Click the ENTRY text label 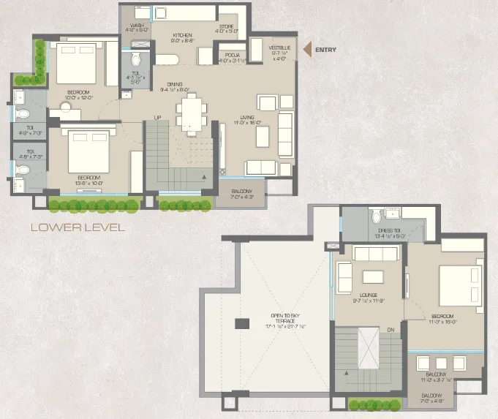328,50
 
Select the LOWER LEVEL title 78,227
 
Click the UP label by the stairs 157,118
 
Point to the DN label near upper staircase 391,330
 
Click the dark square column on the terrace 239,323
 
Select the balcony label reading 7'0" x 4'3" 241,193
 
